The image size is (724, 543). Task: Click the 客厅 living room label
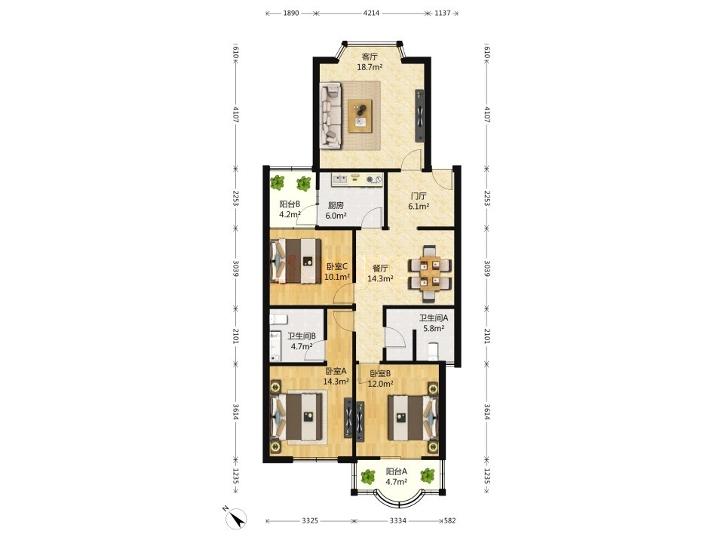coord(370,57)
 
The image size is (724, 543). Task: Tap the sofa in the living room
coord(330,115)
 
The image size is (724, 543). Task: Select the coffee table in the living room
coord(360,116)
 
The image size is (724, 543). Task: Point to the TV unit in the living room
coord(419,115)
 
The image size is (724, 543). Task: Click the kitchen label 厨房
coord(336,205)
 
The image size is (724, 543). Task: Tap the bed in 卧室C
coord(296,261)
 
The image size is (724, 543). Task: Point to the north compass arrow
coord(236,517)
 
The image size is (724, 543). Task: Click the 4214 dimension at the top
coord(371,13)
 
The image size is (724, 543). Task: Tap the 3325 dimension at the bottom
coord(310,521)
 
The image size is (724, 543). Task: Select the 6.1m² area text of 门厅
coord(419,207)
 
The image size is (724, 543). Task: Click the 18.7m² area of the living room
coord(370,67)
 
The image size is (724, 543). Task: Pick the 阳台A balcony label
coord(396,471)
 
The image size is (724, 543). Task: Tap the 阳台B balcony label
coord(290,204)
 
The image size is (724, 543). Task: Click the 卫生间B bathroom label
coord(302,336)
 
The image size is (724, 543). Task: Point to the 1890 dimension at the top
coord(291,13)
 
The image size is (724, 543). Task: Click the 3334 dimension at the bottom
coord(398,521)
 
